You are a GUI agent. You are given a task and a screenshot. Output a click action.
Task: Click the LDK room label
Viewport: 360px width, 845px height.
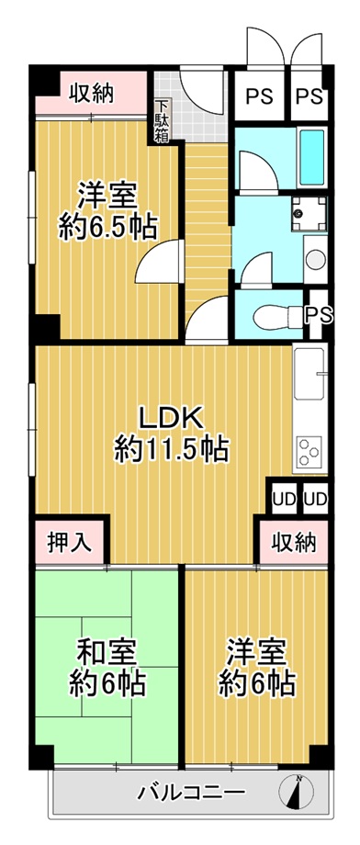point(172,434)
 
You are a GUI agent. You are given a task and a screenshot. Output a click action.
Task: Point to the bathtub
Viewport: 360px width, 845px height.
point(312,155)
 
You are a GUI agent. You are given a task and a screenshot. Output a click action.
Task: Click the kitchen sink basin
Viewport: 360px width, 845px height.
point(309,373)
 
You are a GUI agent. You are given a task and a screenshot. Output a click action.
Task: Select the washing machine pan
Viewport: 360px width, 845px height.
point(309,213)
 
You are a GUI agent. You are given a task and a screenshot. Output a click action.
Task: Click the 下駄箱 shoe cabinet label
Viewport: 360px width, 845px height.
point(161,121)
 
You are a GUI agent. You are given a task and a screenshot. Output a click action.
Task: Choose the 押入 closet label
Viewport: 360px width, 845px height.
point(68,543)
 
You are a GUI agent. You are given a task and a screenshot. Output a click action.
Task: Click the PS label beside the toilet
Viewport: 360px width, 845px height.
point(319,315)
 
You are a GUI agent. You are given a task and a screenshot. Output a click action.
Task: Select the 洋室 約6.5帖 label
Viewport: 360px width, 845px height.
point(107,211)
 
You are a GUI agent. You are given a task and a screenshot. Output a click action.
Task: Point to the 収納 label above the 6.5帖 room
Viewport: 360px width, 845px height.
point(91,94)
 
